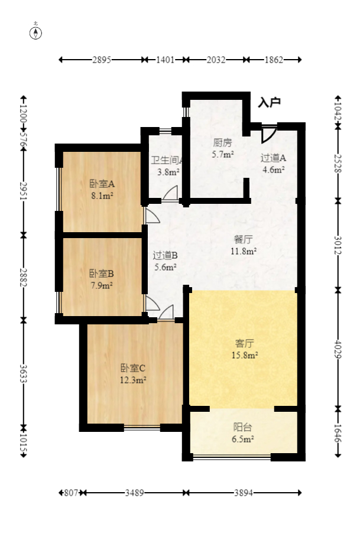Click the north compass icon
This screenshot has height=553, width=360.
click(36, 32)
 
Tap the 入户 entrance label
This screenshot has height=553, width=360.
click(269, 102)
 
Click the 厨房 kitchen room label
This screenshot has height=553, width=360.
click(222, 142)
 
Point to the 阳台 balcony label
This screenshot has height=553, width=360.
click(242, 428)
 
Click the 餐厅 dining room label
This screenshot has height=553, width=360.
click(244, 239)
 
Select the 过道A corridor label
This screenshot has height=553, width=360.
click(273, 158)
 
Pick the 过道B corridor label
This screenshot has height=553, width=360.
click(165, 255)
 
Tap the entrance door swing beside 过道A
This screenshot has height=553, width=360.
click(268, 134)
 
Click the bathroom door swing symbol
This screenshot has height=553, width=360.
click(171, 193)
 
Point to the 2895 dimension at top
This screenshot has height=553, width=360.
click(102, 60)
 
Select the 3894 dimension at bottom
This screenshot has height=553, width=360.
click(244, 492)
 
